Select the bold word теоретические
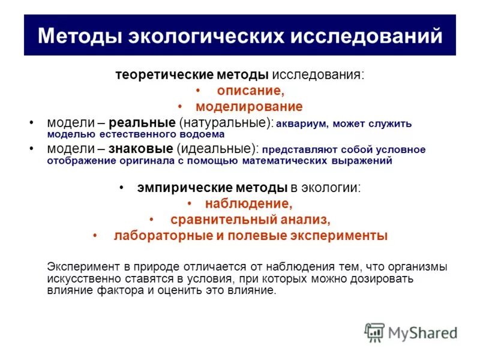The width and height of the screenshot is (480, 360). (155, 76)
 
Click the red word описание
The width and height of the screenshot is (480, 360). (250, 91)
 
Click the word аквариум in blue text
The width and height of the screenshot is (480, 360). (302, 124)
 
